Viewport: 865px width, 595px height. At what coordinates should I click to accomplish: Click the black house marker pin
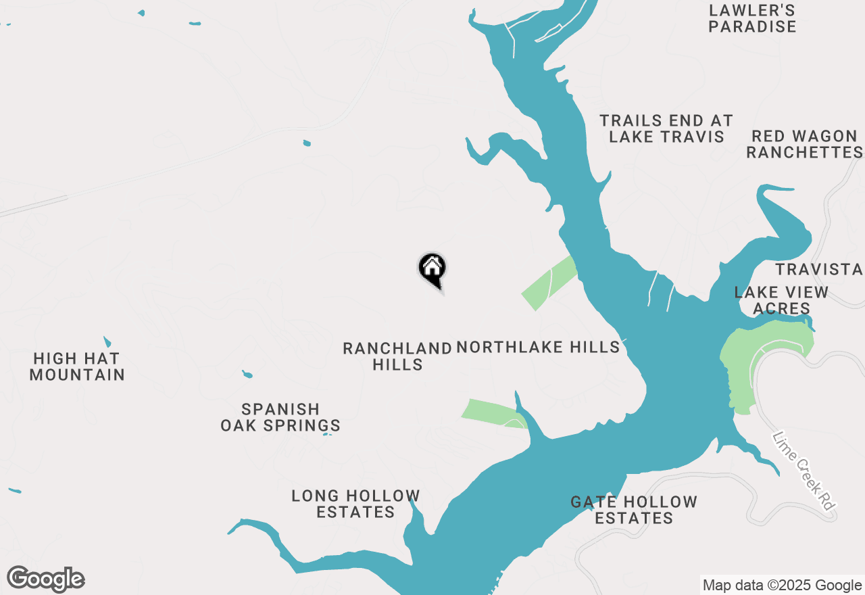click(432, 269)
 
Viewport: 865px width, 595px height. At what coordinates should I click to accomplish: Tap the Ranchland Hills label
click(397, 356)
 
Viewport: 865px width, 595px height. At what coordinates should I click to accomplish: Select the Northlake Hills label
click(538, 348)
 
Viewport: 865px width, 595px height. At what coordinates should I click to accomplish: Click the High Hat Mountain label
click(77, 366)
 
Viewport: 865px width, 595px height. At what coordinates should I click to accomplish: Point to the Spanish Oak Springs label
click(280, 417)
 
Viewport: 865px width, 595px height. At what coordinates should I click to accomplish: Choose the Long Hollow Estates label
click(355, 504)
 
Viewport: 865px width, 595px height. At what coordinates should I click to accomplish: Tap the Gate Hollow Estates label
click(634, 510)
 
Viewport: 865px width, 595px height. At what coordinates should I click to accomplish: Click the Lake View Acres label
click(781, 300)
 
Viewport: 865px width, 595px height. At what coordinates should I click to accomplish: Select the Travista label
click(819, 269)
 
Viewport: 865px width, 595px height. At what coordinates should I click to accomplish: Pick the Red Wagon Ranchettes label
click(804, 144)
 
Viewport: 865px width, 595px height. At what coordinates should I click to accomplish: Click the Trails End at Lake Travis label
click(666, 128)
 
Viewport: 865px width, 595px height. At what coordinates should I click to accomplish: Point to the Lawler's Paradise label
click(752, 19)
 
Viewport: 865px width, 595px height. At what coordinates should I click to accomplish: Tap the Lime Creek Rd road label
click(803, 471)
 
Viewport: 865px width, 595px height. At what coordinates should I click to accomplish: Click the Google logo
click(46, 579)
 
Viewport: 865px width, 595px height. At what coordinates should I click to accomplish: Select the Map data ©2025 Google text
click(782, 586)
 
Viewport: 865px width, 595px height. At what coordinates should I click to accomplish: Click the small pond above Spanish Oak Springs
click(247, 374)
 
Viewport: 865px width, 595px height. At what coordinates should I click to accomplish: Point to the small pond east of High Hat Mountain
click(107, 341)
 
